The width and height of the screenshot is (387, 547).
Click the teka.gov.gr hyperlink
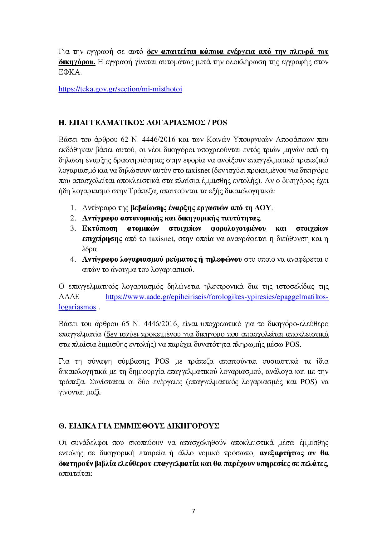(120, 89)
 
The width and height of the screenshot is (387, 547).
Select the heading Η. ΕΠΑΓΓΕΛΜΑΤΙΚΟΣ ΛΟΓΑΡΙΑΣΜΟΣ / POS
(143, 123)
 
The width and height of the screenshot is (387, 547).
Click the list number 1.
(73, 208)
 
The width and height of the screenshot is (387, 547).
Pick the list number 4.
(73, 259)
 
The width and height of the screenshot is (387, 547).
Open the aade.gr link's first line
(217, 297)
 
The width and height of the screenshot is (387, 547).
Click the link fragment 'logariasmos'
(77, 307)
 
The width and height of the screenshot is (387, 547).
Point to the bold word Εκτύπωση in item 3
(100, 228)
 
